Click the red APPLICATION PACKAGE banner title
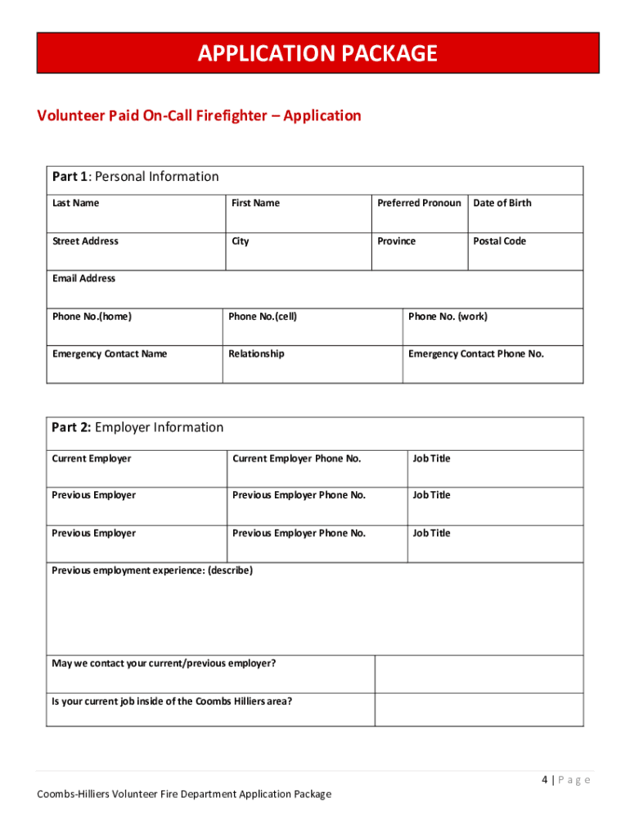pos(317,54)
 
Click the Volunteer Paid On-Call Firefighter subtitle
pos(199,115)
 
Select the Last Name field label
pos(75,203)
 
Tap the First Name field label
pos(255,203)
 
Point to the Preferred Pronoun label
pos(419,203)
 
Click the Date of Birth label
pos(502,203)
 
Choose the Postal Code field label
pos(499,241)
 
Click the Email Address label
pos(83,278)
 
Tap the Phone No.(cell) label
pos(263,317)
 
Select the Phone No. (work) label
pos(448,317)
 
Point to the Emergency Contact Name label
pos(109,354)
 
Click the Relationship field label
pos(256,354)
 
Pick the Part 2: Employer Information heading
pos(137,427)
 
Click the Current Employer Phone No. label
pos(296,458)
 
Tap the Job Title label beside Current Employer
pos(431,458)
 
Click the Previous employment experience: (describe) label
pos(152,570)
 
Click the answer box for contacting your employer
pos(479,674)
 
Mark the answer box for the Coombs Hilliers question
pos(479,710)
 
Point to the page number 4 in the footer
pos(544,780)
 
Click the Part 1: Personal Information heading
pos(136,177)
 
